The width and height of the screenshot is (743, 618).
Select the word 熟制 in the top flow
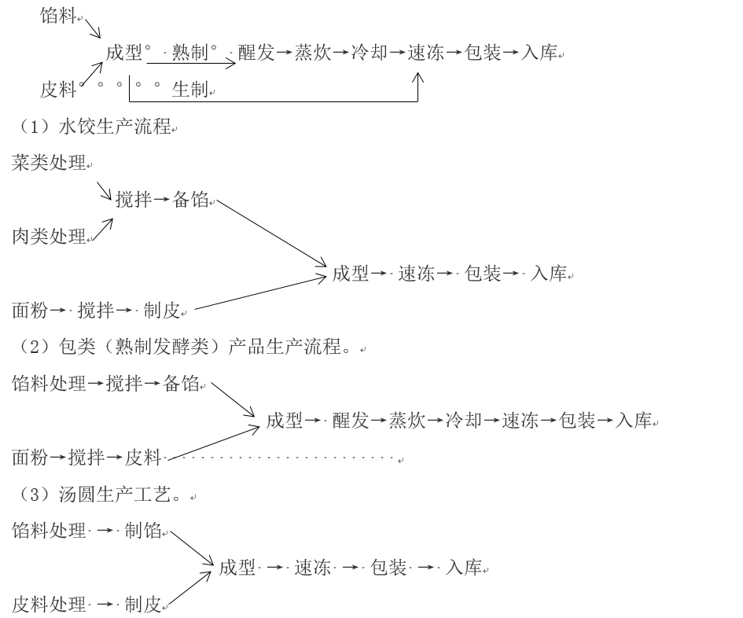[190, 53]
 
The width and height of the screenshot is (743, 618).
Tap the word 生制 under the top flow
[190, 90]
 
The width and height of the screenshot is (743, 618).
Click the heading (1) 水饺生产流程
[93, 127]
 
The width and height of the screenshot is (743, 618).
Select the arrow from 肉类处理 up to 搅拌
[102, 229]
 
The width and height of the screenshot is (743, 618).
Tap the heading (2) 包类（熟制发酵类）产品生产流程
[186, 346]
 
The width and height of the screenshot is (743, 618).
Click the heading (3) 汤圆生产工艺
[98, 494]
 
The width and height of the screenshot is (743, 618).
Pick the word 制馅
[142, 531]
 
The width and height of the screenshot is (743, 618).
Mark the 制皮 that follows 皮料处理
[142, 605]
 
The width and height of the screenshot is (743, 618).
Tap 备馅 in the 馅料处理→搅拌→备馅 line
[181, 384]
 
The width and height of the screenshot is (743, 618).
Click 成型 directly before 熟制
[123, 53]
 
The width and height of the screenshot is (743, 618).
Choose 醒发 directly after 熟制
[256, 53]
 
